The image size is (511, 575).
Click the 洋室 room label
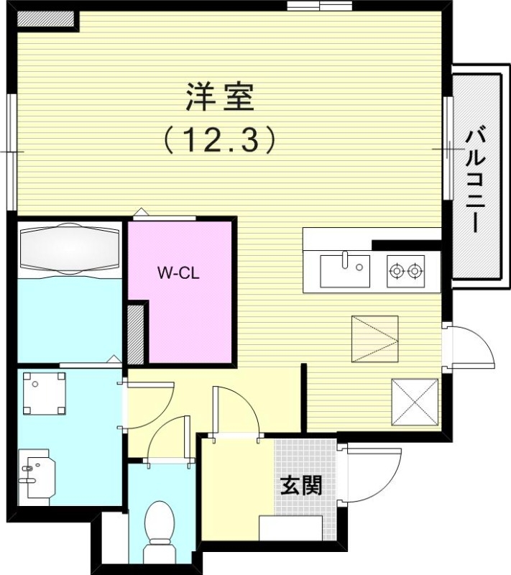(220, 98)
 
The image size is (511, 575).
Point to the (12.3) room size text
(219, 139)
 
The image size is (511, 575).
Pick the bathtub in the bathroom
(69, 250)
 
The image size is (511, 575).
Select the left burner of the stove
(395, 271)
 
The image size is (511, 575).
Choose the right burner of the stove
(413, 271)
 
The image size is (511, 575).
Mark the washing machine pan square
(45, 394)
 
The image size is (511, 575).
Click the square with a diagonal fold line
(374, 339)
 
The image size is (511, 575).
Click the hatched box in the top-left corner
(46, 19)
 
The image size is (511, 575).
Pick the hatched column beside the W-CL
(135, 333)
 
